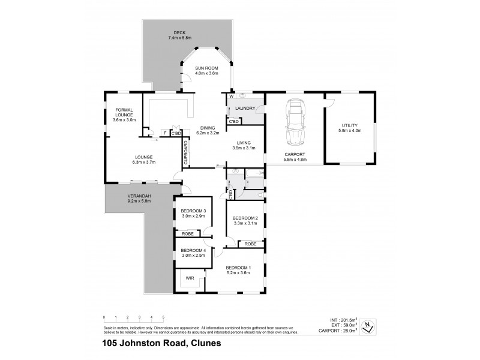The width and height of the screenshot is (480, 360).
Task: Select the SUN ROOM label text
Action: (206, 69)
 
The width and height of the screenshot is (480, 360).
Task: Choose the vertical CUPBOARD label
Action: (186, 152)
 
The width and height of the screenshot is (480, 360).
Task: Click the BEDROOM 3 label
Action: (193, 211)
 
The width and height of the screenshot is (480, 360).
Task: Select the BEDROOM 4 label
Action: (193, 250)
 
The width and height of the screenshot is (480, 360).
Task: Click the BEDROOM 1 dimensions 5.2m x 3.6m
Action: (238, 273)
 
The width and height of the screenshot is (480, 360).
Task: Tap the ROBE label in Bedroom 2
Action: (250, 244)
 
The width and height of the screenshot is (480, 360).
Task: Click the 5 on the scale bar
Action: (163, 316)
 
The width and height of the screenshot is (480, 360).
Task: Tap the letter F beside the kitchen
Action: (164, 133)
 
